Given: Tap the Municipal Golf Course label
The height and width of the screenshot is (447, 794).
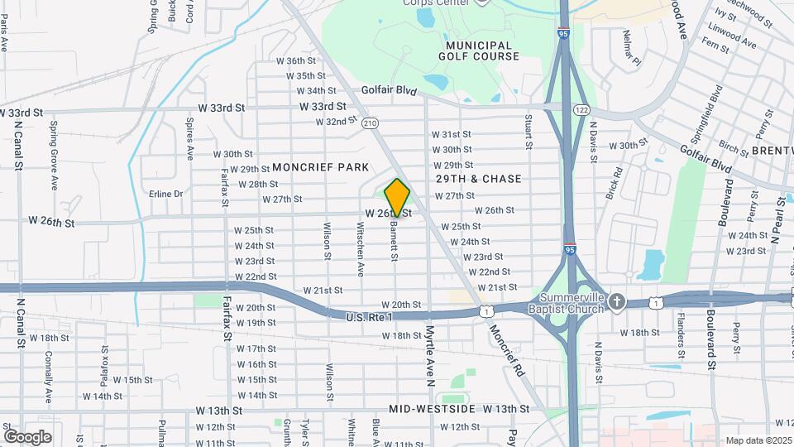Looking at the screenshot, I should pyautogui.click(x=482, y=50).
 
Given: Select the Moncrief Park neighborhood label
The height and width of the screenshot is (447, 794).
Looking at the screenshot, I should pyautogui.click(x=320, y=167).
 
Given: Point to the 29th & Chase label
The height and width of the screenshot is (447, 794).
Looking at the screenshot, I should pyautogui.click(x=479, y=179).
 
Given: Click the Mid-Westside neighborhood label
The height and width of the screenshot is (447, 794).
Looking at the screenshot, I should pyautogui.click(x=432, y=410).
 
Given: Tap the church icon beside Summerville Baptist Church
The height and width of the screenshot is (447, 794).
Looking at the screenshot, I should pyautogui.click(x=617, y=303).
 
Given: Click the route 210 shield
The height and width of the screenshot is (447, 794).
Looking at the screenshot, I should pyautogui.click(x=370, y=123).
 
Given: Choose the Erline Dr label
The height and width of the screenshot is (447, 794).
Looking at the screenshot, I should pyautogui.click(x=165, y=194).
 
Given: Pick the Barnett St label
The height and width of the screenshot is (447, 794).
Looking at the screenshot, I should pyautogui.click(x=395, y=242).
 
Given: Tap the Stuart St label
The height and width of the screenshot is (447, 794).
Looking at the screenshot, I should pyautogui.click(x=528, y=132).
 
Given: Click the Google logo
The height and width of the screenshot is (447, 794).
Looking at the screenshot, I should pyautogui.click(x=28, y=436).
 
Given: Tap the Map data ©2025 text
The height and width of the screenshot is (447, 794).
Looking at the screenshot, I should pyautogui.click(x=758, y=440).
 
